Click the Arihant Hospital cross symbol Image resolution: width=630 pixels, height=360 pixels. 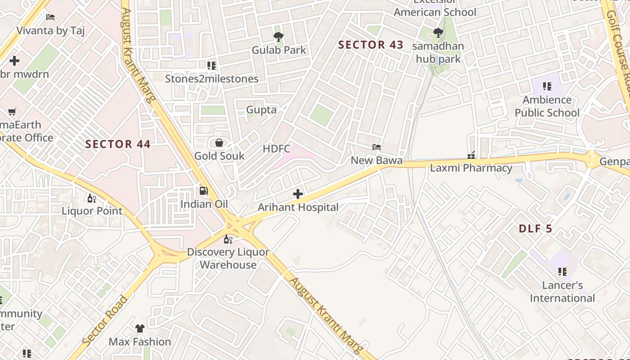[x=297, y=194]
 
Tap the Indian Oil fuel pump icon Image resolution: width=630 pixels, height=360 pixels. [x=204, y=191]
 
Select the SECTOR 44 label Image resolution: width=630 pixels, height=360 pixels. [x=118, y=144]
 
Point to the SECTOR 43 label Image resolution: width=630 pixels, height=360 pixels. [x=371, y=45]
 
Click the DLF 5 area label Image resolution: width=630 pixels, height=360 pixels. [x=535, y=229]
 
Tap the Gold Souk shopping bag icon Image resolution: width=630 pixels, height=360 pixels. [x=219, y=143]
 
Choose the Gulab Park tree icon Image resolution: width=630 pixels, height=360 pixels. [x=279, y=36]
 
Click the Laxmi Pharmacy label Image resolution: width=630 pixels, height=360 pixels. [x=471, y=168]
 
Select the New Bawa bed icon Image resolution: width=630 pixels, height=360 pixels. [x=377, y=147]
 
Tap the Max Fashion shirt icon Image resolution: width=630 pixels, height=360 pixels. [x=140, y=328]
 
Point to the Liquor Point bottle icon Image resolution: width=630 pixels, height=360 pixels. [x=91, y=198]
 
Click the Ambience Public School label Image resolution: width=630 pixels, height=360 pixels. [x=547, y=106]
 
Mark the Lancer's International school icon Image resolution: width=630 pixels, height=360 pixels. [x=562, y=271]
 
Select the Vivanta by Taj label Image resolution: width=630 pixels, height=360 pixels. [x=50, y=31]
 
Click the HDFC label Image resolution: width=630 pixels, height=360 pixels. [x=276, y=148]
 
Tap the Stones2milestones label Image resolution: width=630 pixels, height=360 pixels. [x=211, y=79]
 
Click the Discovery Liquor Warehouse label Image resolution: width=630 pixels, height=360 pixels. [x=228, y=258]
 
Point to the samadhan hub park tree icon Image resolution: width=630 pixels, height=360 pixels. [x=437, y=32]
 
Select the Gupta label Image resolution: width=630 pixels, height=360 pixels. [x=261, y=109]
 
